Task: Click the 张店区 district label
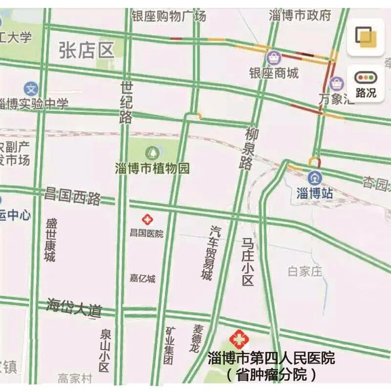pyautogui.click(x=86, y=50)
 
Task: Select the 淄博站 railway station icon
pyautogui.click(x=315, y=177)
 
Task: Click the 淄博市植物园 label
pyautogui.click(x=152, y=169)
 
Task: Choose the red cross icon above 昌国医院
pyautogui.click(x=146, y=220)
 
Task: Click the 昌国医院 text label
pyautogui.click(x=146, y=234)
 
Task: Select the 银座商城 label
pyautogui.click(x=274, y=74)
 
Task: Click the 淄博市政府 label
pyautogui.click(x=300, y=15)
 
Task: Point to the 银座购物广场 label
pyautogui.click(x=169, y=16)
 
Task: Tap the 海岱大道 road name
pyautogui.click(x=75, y=307)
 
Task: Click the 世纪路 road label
pyautogui.click(x=127, y=103)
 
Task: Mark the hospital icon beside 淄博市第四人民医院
pyautogui.click(x=239, y=339)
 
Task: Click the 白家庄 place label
pyautogui.click(x=305, y=271)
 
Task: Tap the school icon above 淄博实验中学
pyautogui.click(x=31, y=89)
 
